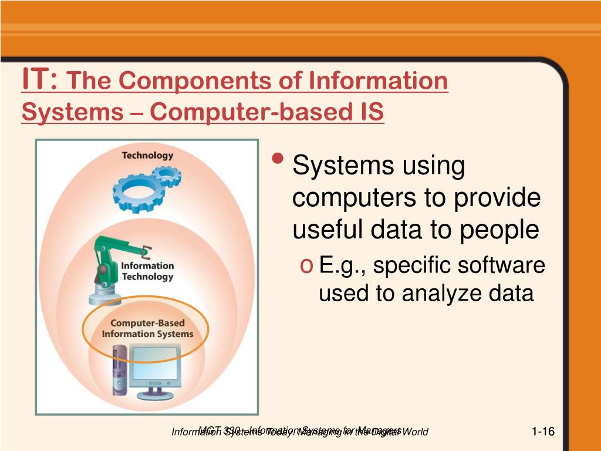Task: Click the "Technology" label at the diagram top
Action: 147,156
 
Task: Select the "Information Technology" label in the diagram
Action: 147,271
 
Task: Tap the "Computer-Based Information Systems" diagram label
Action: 147,329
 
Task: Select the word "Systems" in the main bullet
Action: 337,166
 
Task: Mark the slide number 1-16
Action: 543,432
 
